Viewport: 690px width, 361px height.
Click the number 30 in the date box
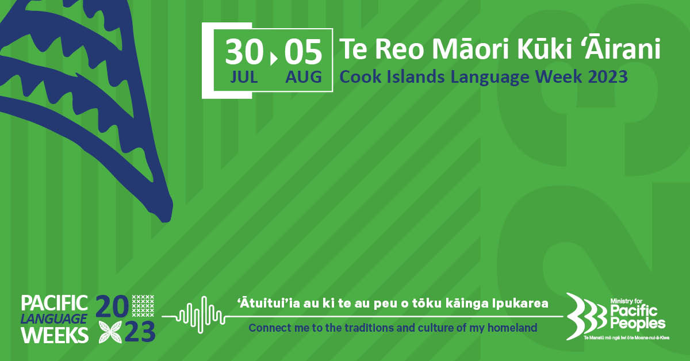point(244,52)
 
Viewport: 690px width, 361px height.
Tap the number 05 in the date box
point(303,52)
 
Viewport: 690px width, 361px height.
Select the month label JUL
point(244,77)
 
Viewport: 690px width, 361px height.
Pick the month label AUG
point(304,77)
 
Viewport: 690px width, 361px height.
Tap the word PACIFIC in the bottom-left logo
point(55,303)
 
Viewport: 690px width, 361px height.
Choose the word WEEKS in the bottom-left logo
point(55,335)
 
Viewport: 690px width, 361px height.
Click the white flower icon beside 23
point(110,332)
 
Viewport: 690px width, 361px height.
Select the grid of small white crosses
point(143,306)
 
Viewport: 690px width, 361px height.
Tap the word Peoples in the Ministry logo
point(638,324)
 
